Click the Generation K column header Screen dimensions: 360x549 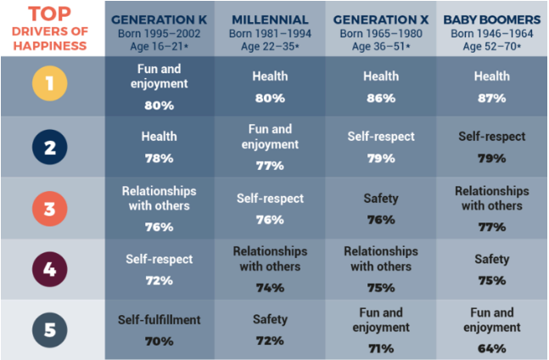click(160, 19)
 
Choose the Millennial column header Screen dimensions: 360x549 click(269, 19)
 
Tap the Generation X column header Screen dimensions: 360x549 click(380, 19)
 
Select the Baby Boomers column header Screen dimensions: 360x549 click(490, 19)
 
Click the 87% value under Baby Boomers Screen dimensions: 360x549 click(490, 98)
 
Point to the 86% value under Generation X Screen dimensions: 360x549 click(380, 98)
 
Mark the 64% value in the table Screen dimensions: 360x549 click(490, 347)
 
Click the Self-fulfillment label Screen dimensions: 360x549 click(160, 320)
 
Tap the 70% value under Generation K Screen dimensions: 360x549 click(160, 341)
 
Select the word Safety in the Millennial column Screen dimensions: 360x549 click(269, 320)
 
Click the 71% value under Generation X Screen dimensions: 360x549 click(380, 347)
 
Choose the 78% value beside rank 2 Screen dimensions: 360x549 click(160, 158)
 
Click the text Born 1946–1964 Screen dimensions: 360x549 click(490, 33)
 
